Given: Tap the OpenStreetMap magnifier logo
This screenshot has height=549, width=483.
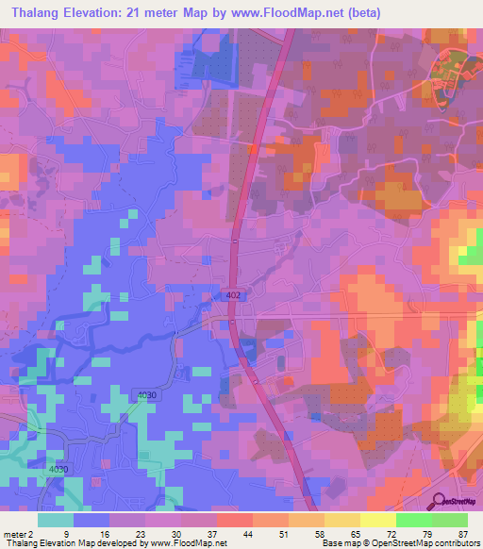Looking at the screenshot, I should click(x=439, y=501).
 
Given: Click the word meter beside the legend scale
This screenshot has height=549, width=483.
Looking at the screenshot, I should click(x=16, y=533).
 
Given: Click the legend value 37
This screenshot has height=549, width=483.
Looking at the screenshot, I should click(x=211, y=533).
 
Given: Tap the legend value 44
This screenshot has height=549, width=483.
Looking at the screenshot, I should click(x=247, y=533).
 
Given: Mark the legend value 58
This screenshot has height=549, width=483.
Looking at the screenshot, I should click(x=319, y=533).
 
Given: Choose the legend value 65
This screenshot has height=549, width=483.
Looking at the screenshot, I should click(x=355, y=533).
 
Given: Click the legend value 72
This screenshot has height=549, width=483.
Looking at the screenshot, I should click(x=391, y=533).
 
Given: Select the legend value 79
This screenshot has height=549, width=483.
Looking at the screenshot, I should click(x=426, y=533).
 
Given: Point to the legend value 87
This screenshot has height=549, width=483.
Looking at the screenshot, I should click(x=462, y=533).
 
